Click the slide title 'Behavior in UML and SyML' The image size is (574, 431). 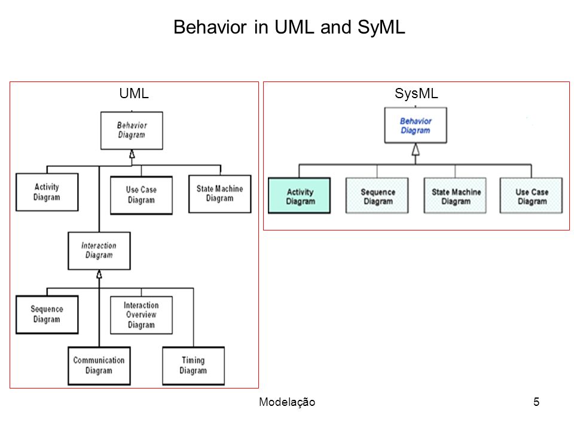tap(289, 27)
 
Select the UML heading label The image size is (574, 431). tap(134, 93)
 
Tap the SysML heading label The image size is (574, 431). tap(416, 93)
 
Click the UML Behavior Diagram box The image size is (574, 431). tap(132, 130)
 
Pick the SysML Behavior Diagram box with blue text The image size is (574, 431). tap(416, 125)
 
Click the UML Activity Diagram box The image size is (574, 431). tap(47, 192)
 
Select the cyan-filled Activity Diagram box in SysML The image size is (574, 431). tap(300, 196)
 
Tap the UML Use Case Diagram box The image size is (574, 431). tap(141, 195)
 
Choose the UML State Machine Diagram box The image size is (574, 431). tap(220, 194)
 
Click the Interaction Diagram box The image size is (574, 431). tap(99, 251)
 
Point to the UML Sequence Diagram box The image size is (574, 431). tap(47, 314)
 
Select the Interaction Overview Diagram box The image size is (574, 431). tap(141, 315)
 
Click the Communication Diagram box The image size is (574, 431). tap(99, 366)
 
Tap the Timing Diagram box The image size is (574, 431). tap(193, 366)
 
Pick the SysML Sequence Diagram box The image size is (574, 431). tap(377, 196)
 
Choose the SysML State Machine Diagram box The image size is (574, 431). tap(455, 196)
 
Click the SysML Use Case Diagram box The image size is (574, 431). tap(531, 196)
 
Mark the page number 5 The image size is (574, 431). tap(536, 402)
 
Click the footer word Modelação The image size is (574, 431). tap(287, 402)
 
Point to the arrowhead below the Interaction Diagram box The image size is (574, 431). tap(99, 274)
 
